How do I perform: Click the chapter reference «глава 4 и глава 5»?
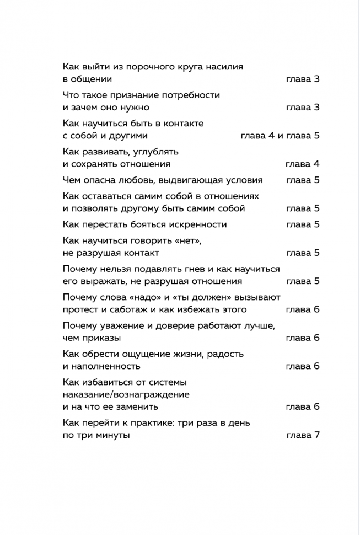(x=280, y=136)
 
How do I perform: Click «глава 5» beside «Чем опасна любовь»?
(x=303, y=180)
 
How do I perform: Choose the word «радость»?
(x=224, y=354)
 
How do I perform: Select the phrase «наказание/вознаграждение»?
(x=126, y=394)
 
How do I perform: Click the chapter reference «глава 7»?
(x=303, y=435)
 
